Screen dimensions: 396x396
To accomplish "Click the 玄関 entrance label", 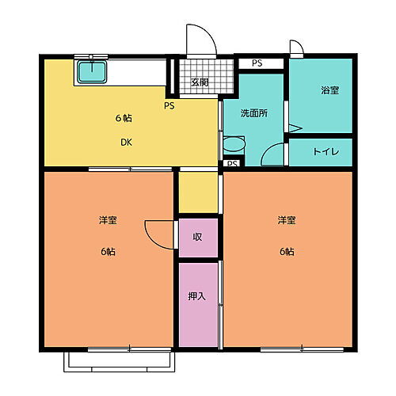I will pos(200,82).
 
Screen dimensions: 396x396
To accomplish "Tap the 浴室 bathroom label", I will pos(329,90).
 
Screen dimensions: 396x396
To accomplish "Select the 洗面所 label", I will pos(253,112).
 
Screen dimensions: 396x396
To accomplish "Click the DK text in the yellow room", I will pos(126,143).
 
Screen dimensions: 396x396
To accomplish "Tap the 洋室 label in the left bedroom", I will pos(108,219).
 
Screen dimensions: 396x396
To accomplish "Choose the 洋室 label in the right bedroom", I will pos(287,219).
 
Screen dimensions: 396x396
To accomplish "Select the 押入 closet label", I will pos(197,297).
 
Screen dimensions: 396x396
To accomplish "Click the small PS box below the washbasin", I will pos(231,164).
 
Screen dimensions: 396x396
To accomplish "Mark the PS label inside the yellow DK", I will pos(169,105).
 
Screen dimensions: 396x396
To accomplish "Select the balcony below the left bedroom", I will pos(119,360).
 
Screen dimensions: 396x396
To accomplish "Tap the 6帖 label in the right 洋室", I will pos(286,251).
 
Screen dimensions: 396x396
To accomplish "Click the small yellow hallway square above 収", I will pos(197,192).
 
